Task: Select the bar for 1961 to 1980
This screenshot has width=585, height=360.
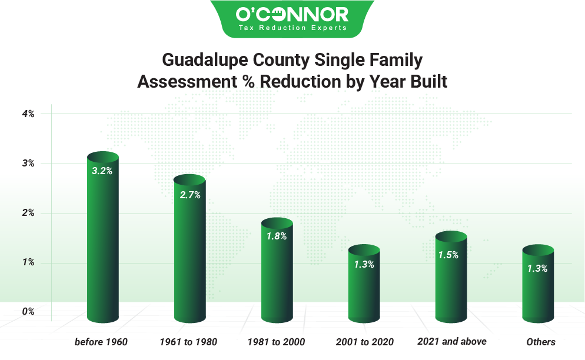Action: click(190, 253)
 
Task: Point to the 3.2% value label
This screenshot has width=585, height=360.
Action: click(102, 171)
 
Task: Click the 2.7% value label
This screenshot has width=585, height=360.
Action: click(190, 195)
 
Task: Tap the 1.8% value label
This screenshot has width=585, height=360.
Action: click(277, 236)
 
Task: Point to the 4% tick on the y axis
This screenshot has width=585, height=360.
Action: click(28, 114)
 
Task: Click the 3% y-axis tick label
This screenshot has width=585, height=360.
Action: click(28, 164)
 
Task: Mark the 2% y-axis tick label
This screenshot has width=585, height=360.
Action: click(28, 213)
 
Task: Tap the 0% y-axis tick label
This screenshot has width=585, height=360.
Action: click(28, 312)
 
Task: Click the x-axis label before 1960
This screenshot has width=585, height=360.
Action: click(101, 342)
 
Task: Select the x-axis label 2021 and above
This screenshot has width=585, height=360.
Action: click(452, 341)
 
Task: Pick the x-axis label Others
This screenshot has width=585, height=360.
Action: click(541, 342)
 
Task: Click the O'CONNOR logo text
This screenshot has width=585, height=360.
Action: click(292, 14)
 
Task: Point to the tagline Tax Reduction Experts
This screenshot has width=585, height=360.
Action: click(292, 28)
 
